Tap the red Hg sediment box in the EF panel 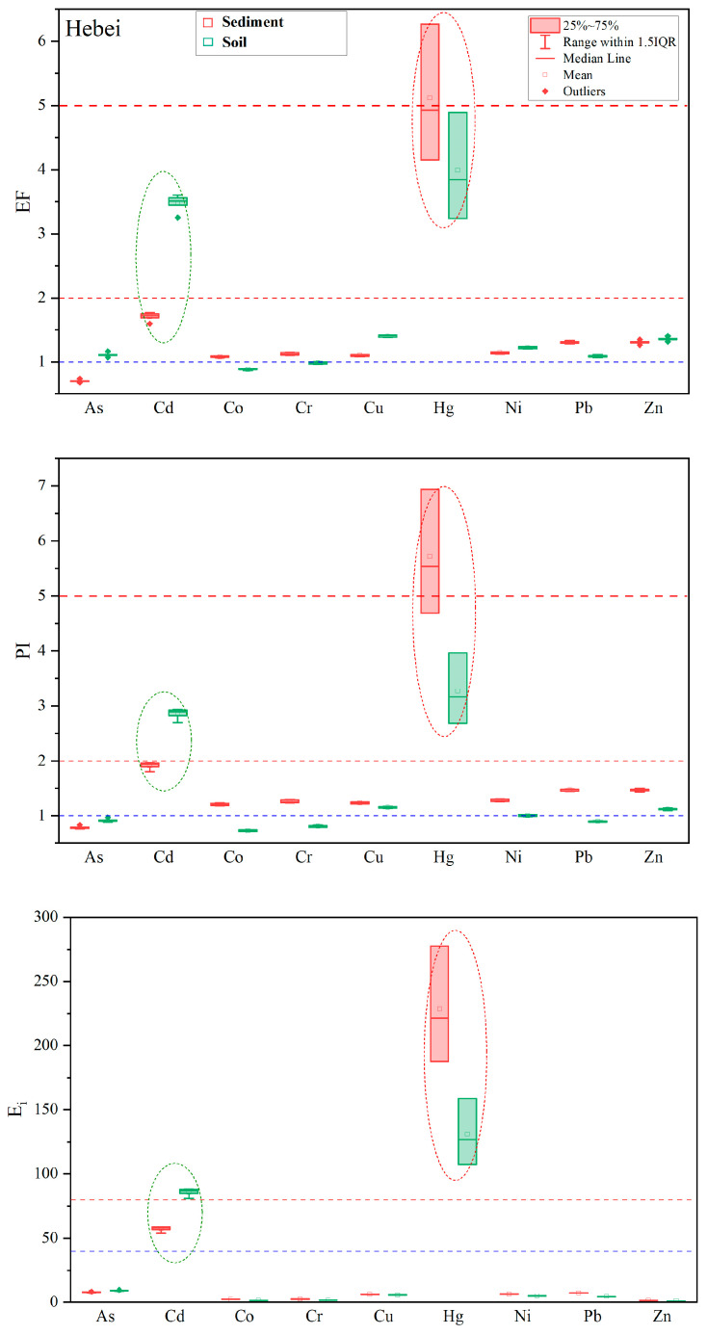tap(430, 92)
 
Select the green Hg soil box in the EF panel tap(458, 166)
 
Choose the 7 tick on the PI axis tap(47, 486)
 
